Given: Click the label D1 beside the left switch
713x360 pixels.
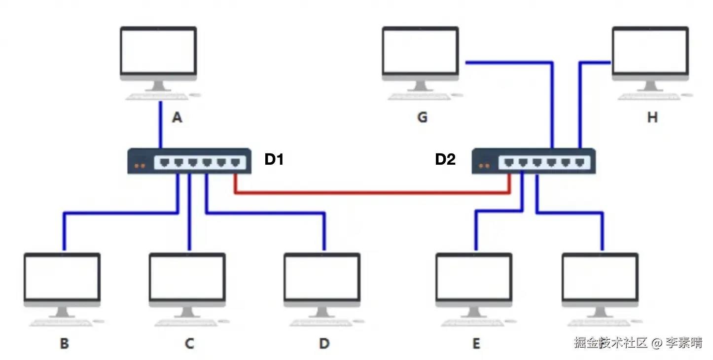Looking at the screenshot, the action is pos(274,159).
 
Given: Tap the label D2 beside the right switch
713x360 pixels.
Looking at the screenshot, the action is pos(445,159).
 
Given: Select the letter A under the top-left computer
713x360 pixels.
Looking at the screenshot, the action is pos(178,117).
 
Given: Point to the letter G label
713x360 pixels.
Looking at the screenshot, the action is pos(423,117).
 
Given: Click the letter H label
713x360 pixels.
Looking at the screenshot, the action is pos(652,117).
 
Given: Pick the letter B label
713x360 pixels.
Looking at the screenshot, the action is pos(65,343).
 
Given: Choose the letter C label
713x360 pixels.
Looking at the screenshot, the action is pos(190,343).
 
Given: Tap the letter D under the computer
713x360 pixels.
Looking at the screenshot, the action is pos(324,343).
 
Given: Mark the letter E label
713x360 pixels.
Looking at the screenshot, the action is pos(476,343).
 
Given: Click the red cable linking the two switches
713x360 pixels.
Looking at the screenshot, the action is pos(372,192).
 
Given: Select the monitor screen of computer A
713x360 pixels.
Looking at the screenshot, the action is pos(158,51).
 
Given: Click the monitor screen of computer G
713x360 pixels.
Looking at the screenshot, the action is pos(421,51).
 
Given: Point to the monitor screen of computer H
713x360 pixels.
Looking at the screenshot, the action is pos(650,51).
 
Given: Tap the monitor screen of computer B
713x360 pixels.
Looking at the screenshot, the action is pos(62,278).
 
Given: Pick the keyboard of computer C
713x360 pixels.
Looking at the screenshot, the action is pos(186,323).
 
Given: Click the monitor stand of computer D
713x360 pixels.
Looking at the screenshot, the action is pos(322,312).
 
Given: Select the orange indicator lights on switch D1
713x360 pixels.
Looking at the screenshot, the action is pos(140,166).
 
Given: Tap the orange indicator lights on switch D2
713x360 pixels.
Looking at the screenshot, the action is pos(484,166).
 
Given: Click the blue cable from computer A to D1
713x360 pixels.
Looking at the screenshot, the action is pos(161,125).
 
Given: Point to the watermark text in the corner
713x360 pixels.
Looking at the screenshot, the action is pos(638,343).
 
